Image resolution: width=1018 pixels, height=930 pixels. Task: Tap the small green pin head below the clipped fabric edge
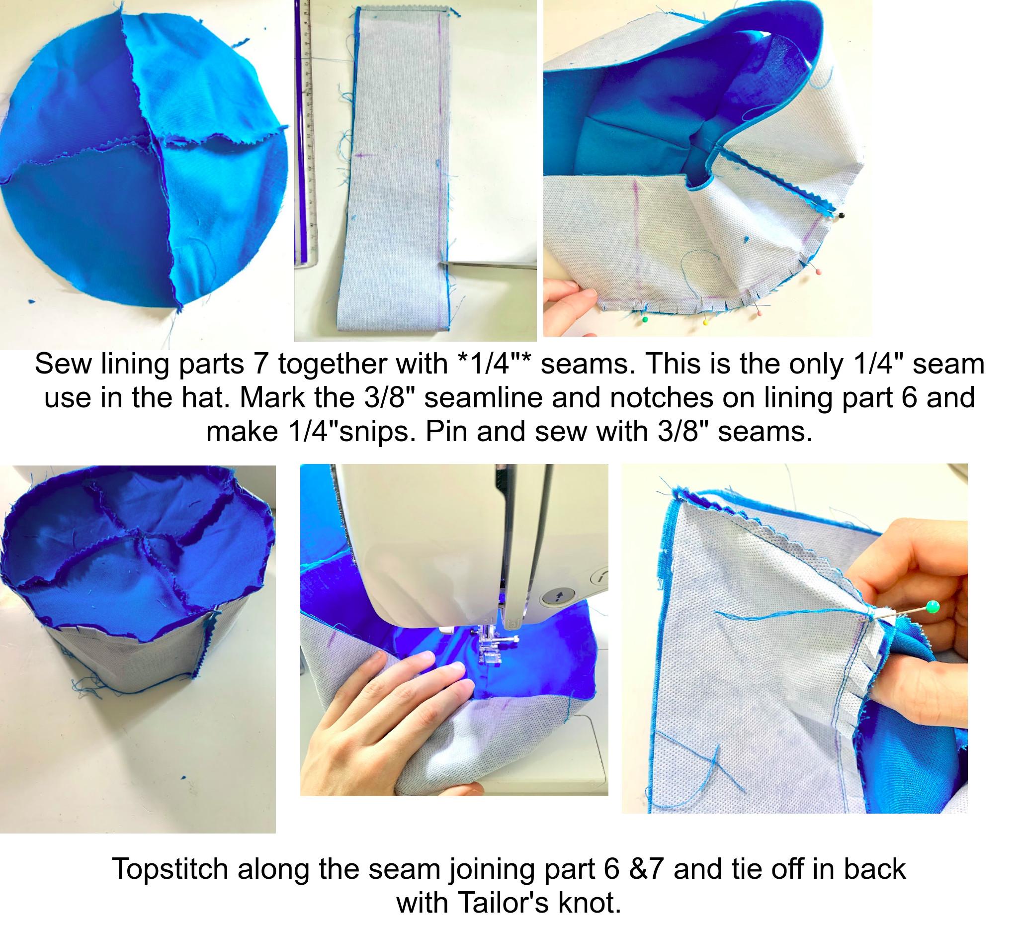pos(644,320)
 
